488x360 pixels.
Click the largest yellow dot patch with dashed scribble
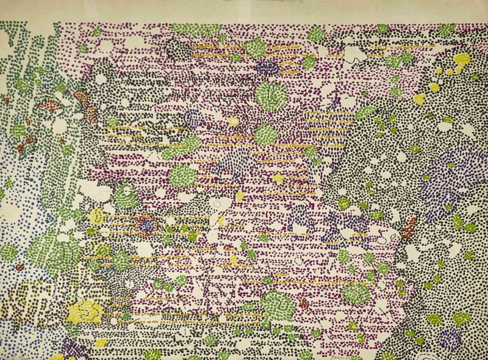85,311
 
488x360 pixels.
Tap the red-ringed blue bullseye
146,226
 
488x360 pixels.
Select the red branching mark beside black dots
410,226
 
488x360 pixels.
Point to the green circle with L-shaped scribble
271,96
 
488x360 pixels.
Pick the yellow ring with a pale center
98,217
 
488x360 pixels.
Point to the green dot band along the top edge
195,28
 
